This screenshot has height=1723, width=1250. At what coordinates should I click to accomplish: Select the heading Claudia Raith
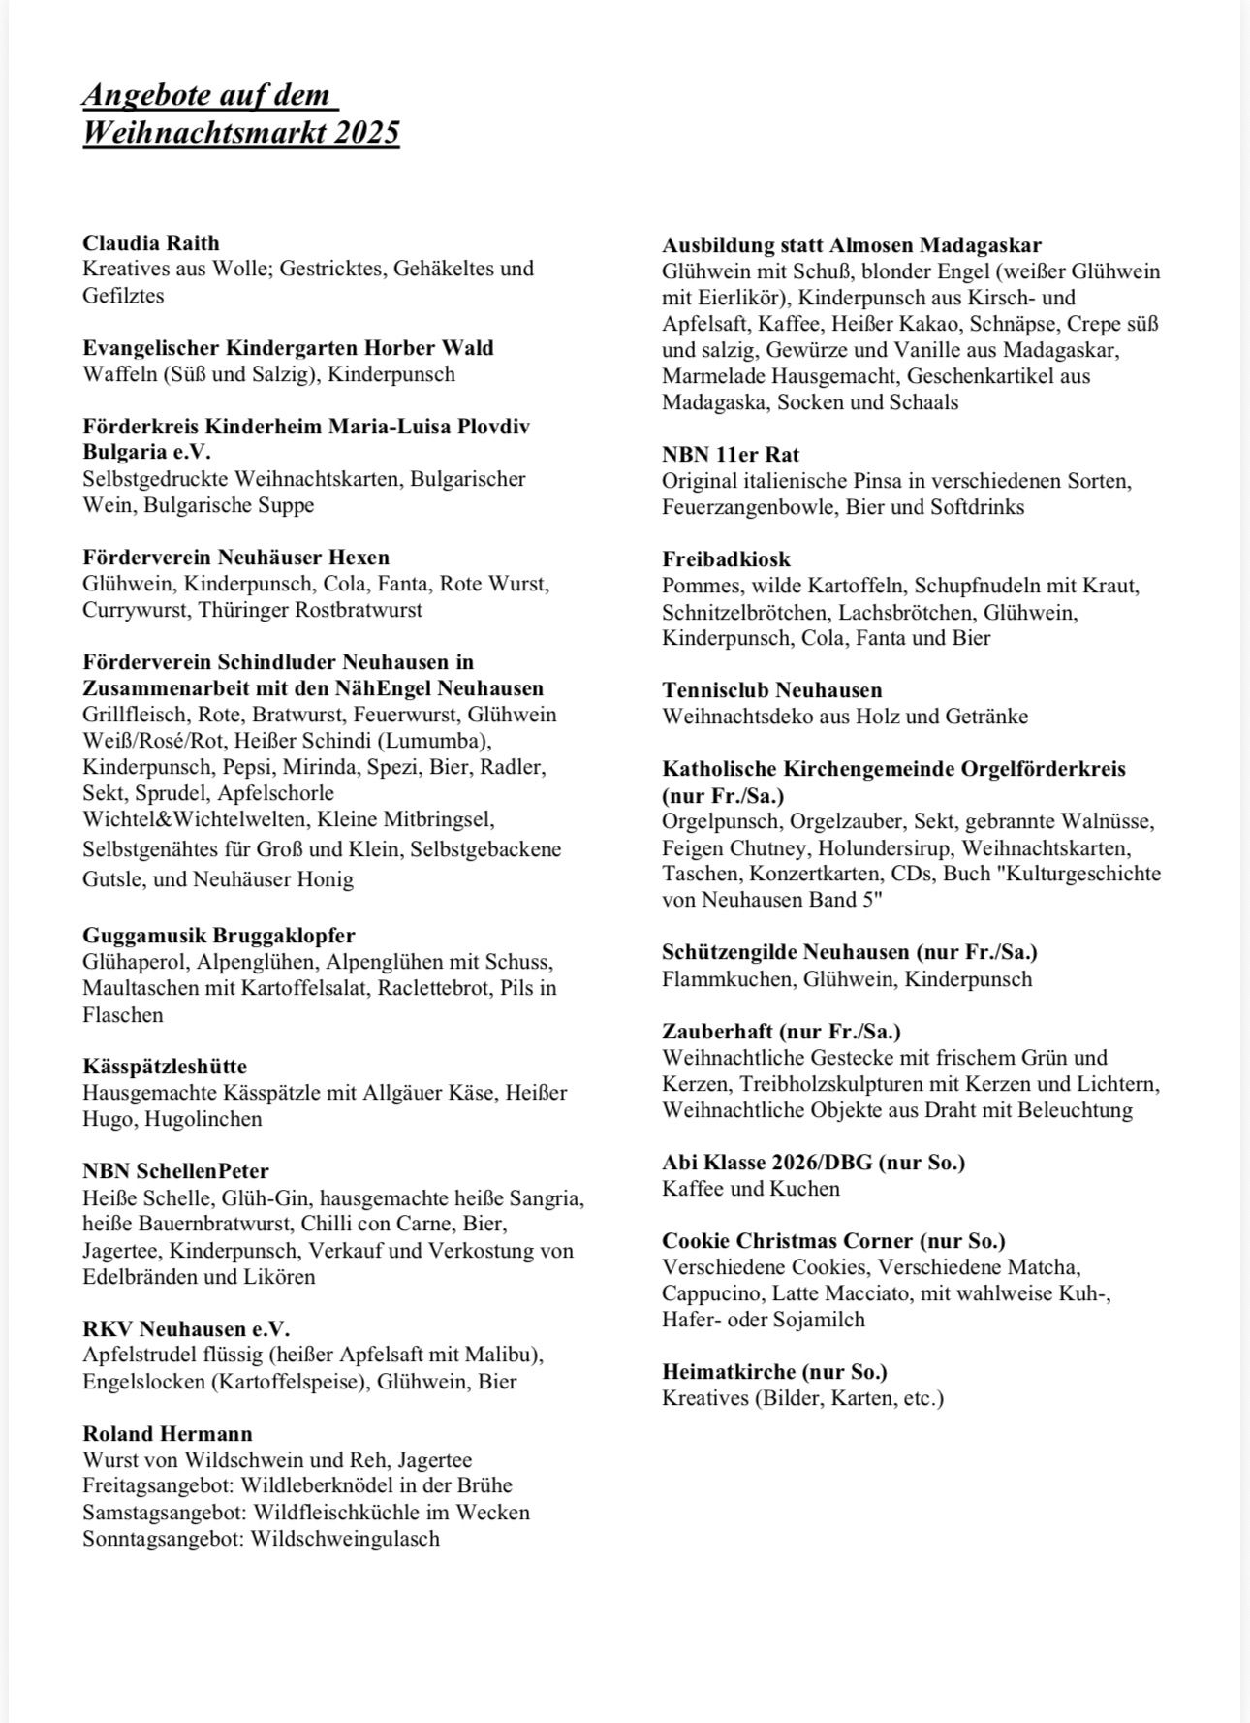(151, 242)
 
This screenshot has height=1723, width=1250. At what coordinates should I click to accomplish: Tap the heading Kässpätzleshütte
(165, 1066)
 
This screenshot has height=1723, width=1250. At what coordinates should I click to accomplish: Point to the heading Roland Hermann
(168, 1433)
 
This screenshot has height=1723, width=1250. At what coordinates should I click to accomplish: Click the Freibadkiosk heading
(726, 559)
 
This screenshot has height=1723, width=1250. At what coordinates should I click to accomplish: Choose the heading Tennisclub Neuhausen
(772, 690)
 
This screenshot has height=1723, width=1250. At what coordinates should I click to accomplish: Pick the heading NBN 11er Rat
(731, 455)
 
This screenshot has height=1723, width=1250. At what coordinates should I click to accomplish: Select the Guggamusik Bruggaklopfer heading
(219, 936)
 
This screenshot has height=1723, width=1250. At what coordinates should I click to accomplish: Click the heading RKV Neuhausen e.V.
(186, 1328)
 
